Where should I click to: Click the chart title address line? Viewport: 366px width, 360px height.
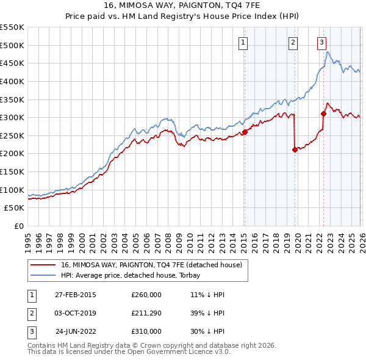pyautogui.click(x=182, y=6)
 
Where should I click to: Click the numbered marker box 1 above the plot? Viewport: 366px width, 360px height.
pyautogui.click(x=243, y=42)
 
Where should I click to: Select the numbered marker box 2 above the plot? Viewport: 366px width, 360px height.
pyautogui.click(x=293, y=42)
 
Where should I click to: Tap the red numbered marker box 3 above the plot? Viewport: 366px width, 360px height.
pyautogui.click(x=321, y=42)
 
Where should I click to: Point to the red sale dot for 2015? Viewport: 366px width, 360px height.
pyautogui.click(x=245, y=132)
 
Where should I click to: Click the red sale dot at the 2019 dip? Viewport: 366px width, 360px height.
pyautogui.click(x=295, y=149)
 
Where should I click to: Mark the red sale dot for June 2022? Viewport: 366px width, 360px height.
pyautogui.click(x=323, y=113)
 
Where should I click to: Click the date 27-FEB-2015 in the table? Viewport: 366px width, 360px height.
pyautogui.click(x=76, y=294)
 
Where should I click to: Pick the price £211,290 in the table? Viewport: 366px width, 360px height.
pyautogui.click(x=146, y=313)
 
